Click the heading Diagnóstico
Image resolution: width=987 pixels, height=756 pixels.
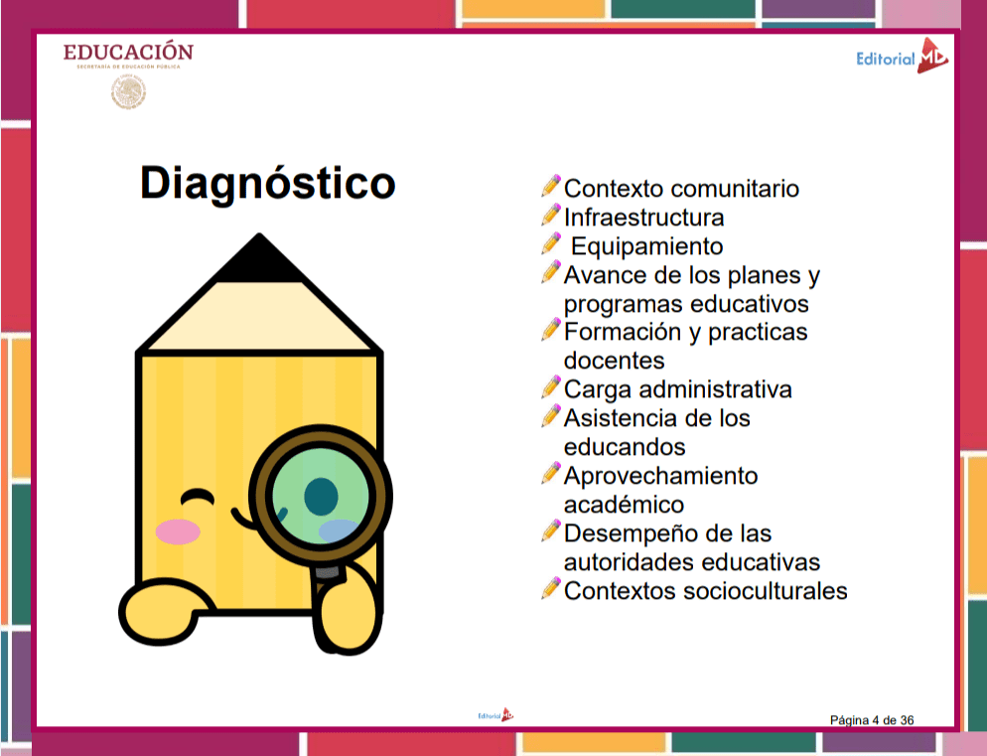(267, 184)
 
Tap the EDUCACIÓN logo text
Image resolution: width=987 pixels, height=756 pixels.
(128, 52)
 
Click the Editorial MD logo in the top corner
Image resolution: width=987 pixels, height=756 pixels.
(902, 56)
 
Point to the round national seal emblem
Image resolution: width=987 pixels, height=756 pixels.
(128, 92)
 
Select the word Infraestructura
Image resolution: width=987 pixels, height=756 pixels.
(644, 218)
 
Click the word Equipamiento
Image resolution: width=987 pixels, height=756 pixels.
(647, 246)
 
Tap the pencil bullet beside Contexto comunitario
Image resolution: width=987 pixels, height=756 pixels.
(551, 185)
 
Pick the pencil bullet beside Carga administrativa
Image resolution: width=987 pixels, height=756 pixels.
(551, 386)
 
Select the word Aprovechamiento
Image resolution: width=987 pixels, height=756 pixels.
(661, 476)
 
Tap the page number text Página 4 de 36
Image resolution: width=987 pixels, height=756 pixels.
(872, 720)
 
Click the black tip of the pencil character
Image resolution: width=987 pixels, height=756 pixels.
(259, 260)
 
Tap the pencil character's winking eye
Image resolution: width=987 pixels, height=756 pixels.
(197, 498)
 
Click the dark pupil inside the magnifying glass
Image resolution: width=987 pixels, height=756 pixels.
(321, 496)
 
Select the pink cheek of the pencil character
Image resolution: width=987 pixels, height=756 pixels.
(178, 531)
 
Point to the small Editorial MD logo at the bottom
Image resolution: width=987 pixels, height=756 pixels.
(496, 715)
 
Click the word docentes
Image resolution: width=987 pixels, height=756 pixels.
(615, 361)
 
